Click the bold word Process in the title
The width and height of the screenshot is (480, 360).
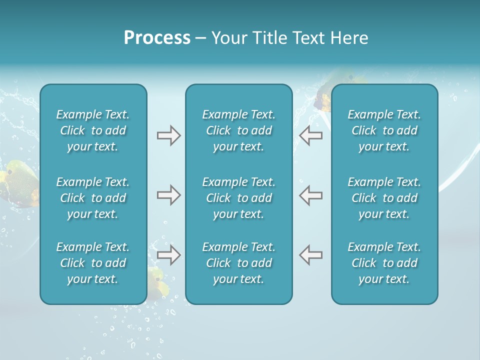pos(157,38)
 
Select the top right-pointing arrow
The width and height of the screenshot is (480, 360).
pos(168,135)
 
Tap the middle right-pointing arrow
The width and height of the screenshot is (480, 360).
pos(168,195)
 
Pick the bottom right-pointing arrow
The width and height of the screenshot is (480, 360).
pos(168,255)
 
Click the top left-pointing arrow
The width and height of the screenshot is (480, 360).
pos(310,135)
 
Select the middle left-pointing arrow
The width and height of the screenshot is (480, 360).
pos(310,195)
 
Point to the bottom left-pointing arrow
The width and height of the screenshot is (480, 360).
pos(310,255)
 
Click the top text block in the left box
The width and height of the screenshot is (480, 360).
pos(93,130)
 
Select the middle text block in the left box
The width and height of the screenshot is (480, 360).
pos(93,198)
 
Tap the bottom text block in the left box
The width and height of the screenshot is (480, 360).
pos(93,263)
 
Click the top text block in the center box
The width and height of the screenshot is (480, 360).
pos(238,130)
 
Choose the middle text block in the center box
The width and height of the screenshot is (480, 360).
pos(238,198)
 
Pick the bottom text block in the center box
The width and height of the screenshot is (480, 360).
pos(238,263)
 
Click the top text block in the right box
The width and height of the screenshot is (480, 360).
pos(384,130)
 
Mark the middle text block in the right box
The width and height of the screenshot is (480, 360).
pos(384,198)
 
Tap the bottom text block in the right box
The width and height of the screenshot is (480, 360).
pos(384,263)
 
